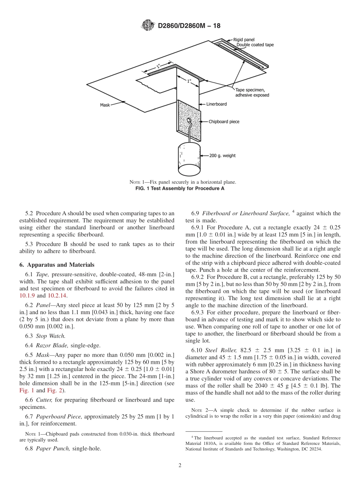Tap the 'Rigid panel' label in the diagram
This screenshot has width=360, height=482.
[x=244, y=39]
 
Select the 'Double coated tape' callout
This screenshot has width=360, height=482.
[x=255, y=45]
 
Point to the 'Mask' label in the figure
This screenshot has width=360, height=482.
[x=105, y=105]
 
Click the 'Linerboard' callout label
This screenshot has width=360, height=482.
[x=216, y=104]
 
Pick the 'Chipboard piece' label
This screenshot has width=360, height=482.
[x=224, y=122]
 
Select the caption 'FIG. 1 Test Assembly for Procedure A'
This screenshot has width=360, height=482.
[x=180, y=188]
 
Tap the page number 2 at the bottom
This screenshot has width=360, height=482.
[x=180, y=466]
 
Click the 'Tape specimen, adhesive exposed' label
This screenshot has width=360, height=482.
[x=252, y=92]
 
